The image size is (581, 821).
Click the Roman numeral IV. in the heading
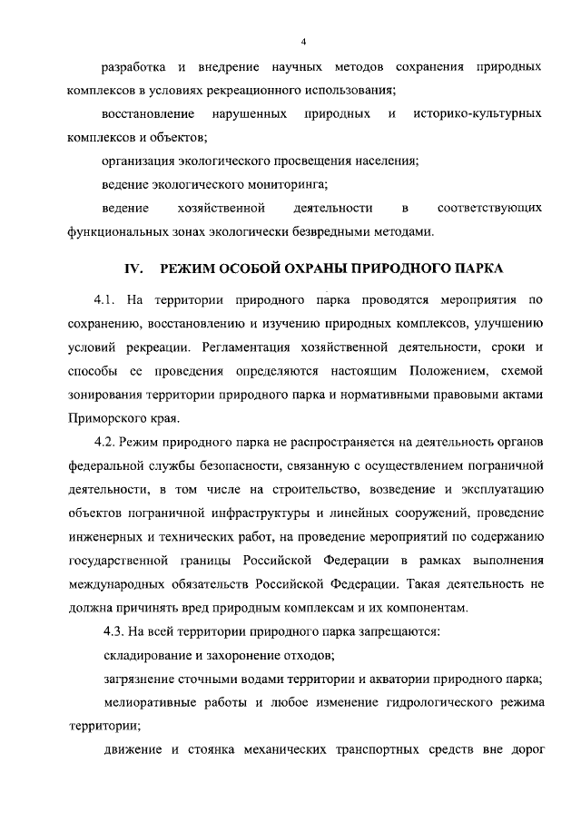pyautogui.click(x=134, y=269)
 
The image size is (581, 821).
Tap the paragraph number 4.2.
pyautogui.click(x=108, y=442)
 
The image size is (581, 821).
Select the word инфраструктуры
pyautogui.click(x=289, y=513)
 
